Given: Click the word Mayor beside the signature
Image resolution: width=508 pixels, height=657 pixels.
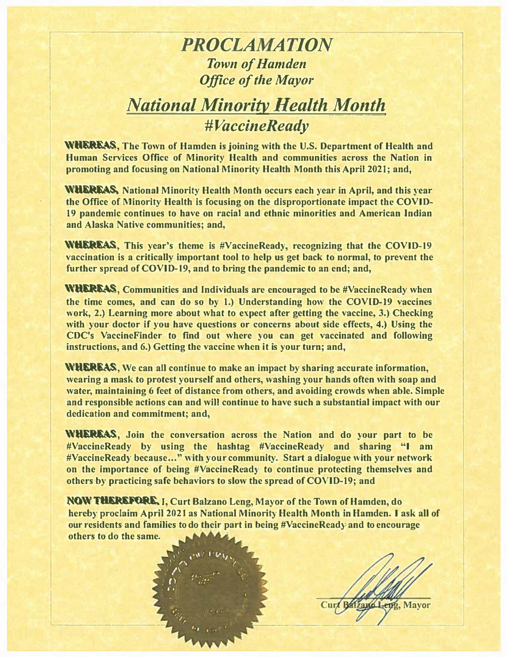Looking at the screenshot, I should pyautogui.click(x=417, y=605).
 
